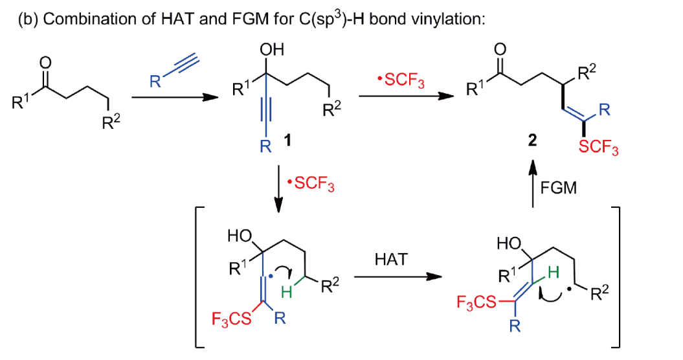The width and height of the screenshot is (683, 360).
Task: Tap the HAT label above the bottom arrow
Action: [391, 260]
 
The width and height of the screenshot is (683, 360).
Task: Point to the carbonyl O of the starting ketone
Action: [44, 63]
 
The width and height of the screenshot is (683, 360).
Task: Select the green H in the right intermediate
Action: [553, 274]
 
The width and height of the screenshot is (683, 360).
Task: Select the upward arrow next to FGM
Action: [532, 185]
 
